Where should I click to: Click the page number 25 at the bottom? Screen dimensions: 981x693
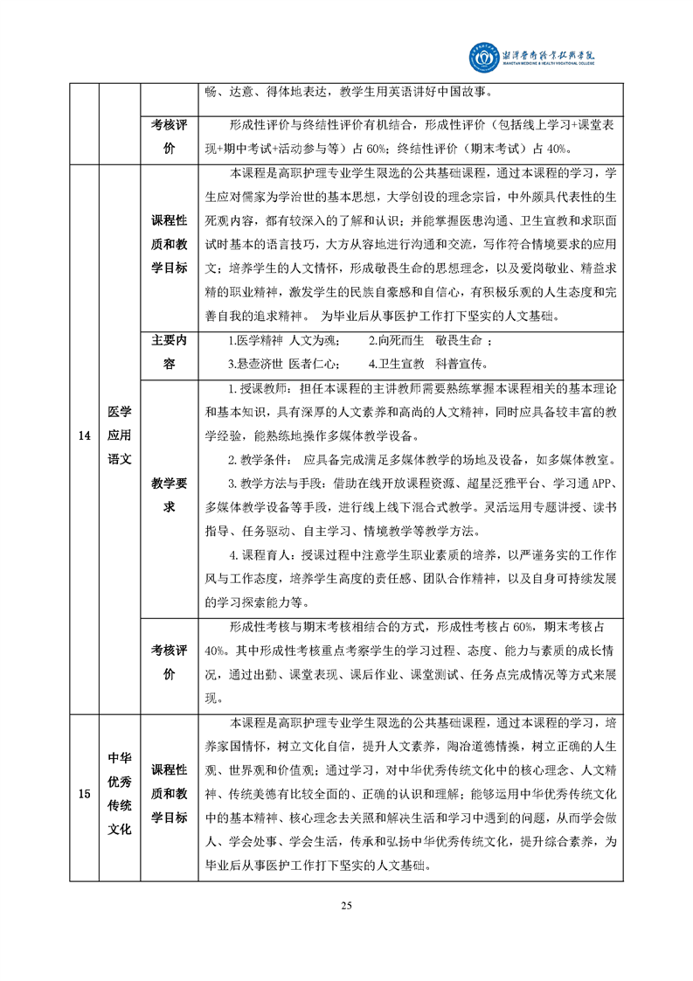(x=346, y=905)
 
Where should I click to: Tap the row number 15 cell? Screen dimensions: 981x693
(x=84, y=794)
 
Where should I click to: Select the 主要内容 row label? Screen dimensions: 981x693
(x=170, y=351)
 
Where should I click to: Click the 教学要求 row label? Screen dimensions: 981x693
(x=170, y=494)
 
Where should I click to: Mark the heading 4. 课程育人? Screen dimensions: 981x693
(x=261, y=553)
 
